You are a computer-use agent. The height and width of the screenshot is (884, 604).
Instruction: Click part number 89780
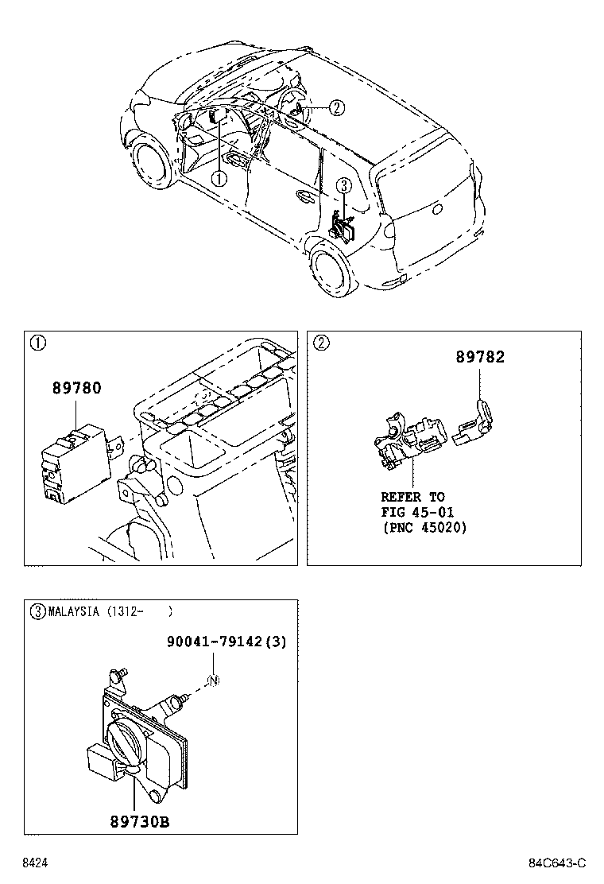(x=77, y=390)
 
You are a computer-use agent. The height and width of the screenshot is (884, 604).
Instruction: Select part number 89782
(x=480, y=358)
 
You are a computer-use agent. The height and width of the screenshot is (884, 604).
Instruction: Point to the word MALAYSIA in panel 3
(x=73, y=612)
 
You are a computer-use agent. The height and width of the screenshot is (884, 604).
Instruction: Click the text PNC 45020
(x=424, y=527)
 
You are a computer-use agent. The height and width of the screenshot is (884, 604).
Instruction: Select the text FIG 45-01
(x=417, y=512)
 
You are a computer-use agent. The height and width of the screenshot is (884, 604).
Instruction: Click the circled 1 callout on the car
(x=219, y=179)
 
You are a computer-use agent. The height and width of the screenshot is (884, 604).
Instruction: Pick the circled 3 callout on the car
(x=343, y=185)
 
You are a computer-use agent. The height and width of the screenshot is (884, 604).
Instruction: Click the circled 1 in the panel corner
(x=37, y=343)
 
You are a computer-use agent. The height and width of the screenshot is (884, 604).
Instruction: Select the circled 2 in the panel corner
(x=320, y=343)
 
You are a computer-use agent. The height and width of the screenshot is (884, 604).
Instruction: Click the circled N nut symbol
(x=212, y=680)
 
